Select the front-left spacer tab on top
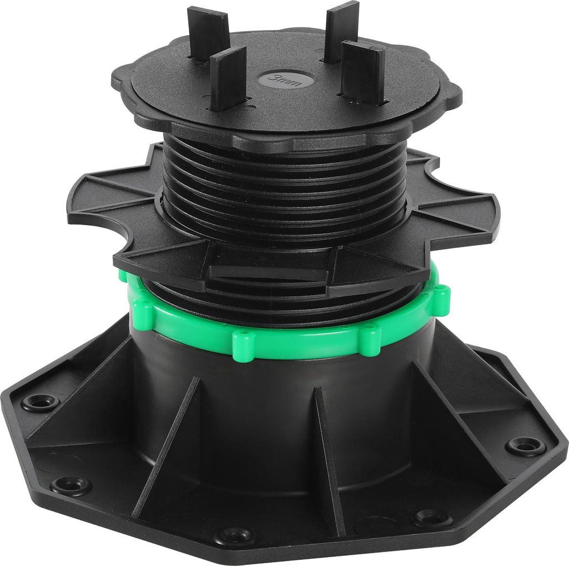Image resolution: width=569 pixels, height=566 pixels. pos(228,78)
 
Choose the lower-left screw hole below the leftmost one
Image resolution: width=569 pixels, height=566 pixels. pos(69,484)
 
